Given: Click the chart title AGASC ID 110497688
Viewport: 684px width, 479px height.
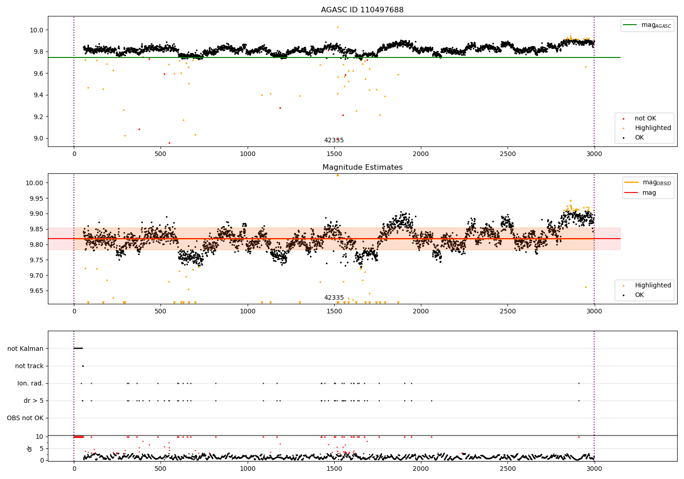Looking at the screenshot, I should (362, 10).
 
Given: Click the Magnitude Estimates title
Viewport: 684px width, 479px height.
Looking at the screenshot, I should (362, 167).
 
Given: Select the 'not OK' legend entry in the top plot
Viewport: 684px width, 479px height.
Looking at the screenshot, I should (645, 119).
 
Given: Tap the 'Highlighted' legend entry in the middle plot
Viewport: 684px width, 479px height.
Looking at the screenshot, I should (653, 286).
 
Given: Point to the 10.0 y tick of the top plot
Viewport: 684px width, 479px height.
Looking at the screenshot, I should (36, 30).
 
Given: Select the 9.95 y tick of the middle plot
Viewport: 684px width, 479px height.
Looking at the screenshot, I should (35, 198).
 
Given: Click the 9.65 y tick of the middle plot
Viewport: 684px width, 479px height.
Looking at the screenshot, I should (35, 291).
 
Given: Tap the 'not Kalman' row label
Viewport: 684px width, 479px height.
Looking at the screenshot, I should (26, 349).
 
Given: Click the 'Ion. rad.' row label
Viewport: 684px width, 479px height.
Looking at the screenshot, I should (31, 383).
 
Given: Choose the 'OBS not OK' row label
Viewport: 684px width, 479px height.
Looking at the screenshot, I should (25, 418).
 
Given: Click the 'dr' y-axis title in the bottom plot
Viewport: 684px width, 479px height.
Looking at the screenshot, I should (30, 448).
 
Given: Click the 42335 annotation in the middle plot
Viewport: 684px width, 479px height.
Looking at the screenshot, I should (334, 298).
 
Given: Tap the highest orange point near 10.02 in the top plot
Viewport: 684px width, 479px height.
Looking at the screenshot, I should (337, 27).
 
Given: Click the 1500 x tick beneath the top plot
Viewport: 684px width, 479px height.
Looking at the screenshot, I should (334, 154).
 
